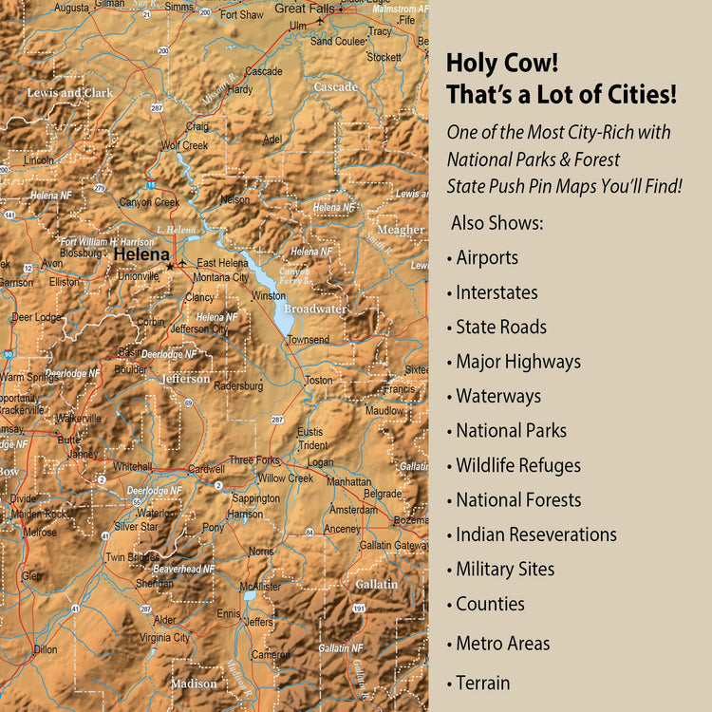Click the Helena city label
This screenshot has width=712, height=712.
pyautogui.click(x=141, y=254)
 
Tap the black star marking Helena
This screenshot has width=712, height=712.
pyautogui.click(x=170, y=267)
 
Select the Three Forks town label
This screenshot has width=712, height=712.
pyautogui.click(x=254, y=460)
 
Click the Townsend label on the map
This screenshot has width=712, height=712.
pyautogui.click(x=309, y=340)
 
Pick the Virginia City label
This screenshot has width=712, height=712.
pyautogui.click(x=165, y=638)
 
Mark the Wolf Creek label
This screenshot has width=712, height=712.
pyautogui.click(x=184, y=146)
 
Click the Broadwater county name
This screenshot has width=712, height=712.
pyautogui.click(x=315, y=309)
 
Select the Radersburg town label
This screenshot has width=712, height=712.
pyautogui.click(x=239, y=386)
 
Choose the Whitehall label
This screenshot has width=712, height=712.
pyautogui.click(x=132, y=467)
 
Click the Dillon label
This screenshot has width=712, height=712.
pyautogui.click(x=46, y=650)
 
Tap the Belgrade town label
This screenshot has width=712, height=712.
pyautogui.click(x=383, y=495)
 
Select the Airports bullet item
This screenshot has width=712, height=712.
pyautogui.click(x=486, y=257)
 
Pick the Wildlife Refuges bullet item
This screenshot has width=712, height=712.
pyautogui.click(x=517, y=465)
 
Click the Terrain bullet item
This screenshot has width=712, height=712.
pyautogui.click(x=482, y=683)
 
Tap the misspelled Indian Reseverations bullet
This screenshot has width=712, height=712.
pyautogui.click(x=535, y=534)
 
